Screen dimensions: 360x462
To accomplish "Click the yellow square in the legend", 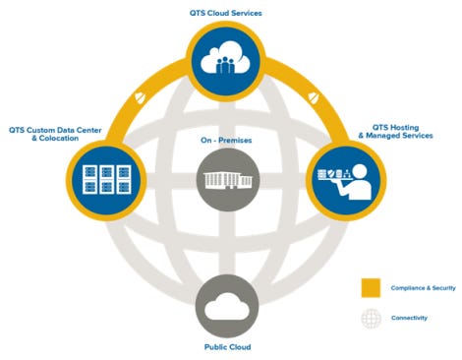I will click(372, 286).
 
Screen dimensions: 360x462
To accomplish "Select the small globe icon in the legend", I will click(372, 319).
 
